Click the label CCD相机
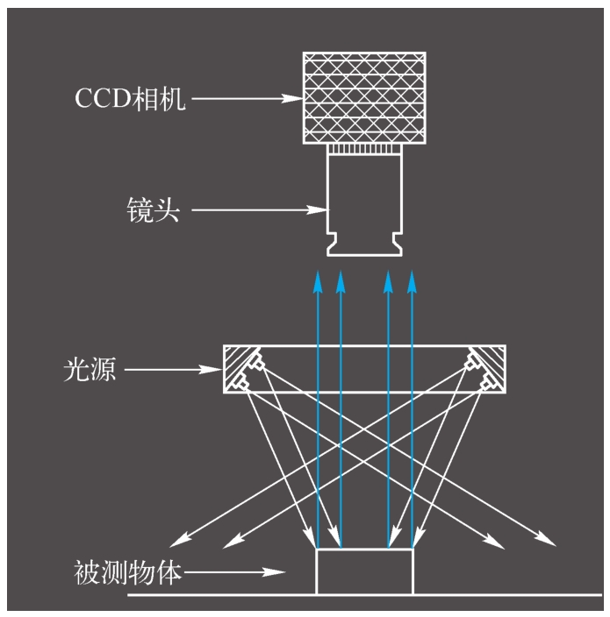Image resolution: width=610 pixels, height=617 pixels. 129,97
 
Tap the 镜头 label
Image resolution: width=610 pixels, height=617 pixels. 152,209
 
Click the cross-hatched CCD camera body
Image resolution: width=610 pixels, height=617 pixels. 365,99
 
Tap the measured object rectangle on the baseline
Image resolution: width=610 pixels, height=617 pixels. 364,572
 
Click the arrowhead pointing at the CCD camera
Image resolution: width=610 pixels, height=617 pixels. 296,98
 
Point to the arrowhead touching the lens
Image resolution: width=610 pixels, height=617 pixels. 321,209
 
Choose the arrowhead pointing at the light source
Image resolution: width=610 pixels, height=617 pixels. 216,370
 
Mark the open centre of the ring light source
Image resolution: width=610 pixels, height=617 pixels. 364,369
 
